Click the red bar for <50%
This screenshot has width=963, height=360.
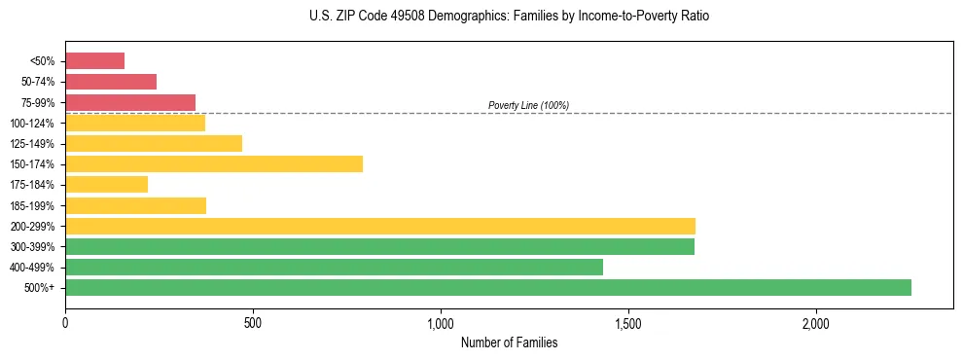pos(94,61)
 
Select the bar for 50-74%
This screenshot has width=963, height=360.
pos(111,82)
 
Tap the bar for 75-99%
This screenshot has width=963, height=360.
pos(130,102)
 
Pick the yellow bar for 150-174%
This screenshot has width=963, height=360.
pos(214,163)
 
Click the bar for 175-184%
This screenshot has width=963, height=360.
pos(106,184)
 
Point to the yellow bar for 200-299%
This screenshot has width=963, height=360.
pos(380,226)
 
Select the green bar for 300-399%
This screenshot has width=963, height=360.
pos(379,246)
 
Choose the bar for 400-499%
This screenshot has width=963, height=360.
pos(334,267)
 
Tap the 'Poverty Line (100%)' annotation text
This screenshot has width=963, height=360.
pos(528,105)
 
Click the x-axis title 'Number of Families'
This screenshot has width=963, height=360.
pos(509,342)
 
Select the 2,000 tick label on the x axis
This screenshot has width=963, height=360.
pos(816,322)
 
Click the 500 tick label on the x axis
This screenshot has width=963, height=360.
pos(253,322)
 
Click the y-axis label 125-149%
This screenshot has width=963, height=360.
pos(32,144)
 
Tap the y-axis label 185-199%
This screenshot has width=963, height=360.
pos(32,205)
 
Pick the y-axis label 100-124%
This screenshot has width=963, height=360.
pos(32,124)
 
